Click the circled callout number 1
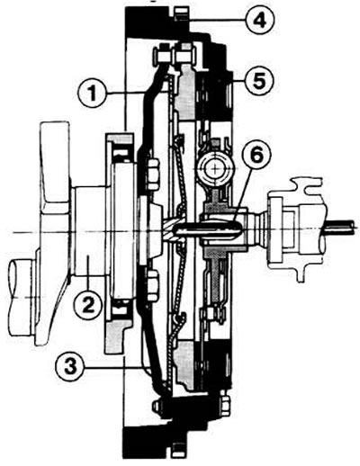tap(93, 94)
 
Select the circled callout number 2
tap(89, 305)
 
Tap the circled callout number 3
tap(69, 368)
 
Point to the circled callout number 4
tap(260, 20)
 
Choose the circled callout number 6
tap(256, 155)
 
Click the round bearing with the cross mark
tap(215, 168)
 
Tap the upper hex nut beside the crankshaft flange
tap(152, 175)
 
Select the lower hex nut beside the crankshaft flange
tap(152, 285)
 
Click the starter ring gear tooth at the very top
tap(181, 14)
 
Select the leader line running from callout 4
tap(217, 20)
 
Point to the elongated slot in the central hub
tap(209, 230)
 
